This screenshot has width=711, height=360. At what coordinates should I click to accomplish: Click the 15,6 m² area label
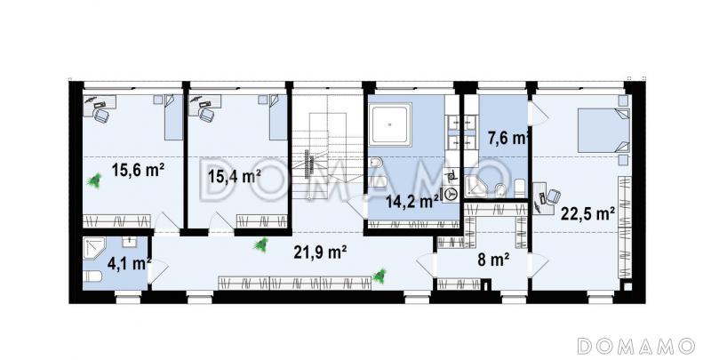pyautogui.click(x=138, y=171)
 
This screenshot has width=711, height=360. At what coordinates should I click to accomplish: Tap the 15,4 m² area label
pyautogui.click(x=235, y=175)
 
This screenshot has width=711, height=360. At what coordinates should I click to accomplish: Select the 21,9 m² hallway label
pyautogui.click(x=321, y=252)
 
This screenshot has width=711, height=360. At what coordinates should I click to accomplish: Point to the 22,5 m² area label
pyautogui.click(x=587, y=213)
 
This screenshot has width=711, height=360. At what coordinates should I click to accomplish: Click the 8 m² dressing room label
pyautogui.click(x=493, y=260)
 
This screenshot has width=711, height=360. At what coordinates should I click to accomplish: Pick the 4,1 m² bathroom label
pyautogui.click(x=129, y=263)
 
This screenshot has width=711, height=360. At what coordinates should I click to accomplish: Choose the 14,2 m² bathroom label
pyautogui.click(x=411, y=200)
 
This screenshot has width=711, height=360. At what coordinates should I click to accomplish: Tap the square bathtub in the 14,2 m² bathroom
pyautogui.click(x=390, y=124)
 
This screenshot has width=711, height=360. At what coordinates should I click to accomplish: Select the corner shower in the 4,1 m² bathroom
pyautogui.click(x=94, y=249)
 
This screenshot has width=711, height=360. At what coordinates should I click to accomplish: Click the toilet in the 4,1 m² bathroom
pyautogui.click(x=92, y=276)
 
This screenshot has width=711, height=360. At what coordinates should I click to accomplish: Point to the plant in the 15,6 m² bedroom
pyautogui.click(x=94, y=181)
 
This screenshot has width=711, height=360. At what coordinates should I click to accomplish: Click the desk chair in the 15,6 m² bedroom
pyautogui.click(x=101, y=115)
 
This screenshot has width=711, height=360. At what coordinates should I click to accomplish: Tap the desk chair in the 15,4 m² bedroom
pyautogui.click(x=207, y=115)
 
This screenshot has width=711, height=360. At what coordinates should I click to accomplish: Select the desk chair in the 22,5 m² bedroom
pyautogui.click(x=554, y=196)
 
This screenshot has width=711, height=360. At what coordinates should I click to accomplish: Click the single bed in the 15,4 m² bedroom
pyautogui.click(x=278, y=117)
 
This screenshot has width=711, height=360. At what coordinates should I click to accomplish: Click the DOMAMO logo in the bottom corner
pyautogui.click(x=636, y=346)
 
